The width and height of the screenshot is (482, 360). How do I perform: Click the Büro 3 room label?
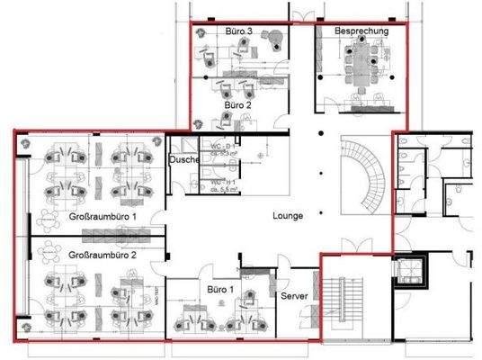(237, 31)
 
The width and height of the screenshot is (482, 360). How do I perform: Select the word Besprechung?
(361, 31)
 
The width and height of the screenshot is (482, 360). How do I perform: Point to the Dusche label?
(183, 160)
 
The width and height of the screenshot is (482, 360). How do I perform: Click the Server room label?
(295, 296)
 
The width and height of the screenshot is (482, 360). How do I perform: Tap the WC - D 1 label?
(223, 146)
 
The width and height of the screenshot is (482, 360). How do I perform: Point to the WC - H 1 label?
(223, 184)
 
